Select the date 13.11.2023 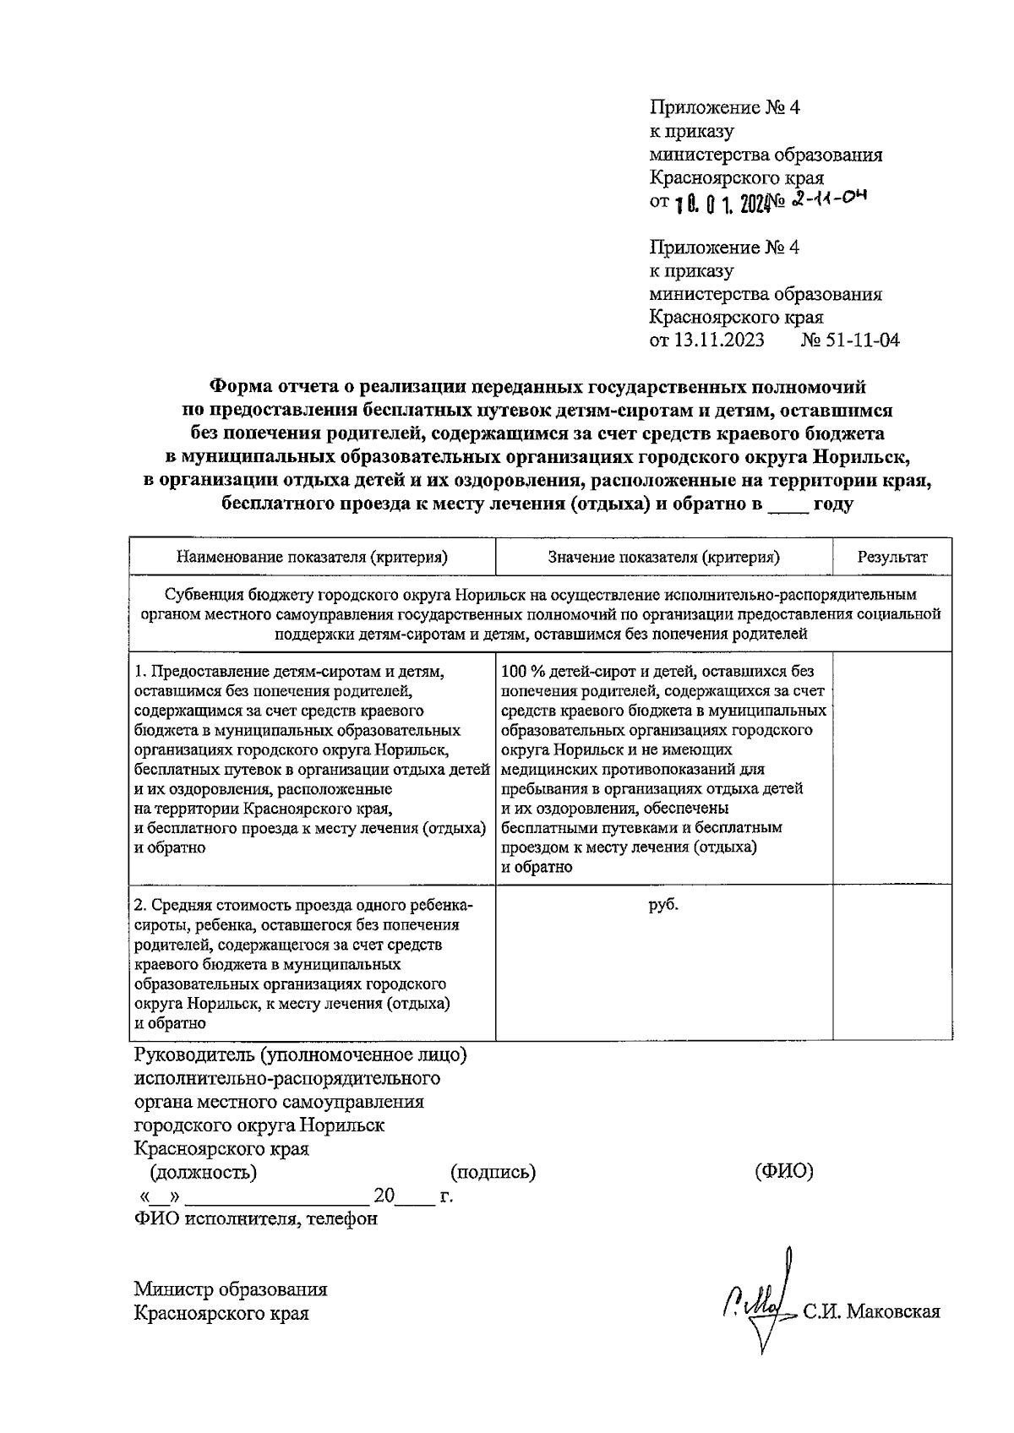tap(719, 341)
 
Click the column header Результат tap(891, 557)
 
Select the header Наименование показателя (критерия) tap(312, 557)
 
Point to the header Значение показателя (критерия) tap(663, 557)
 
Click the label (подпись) tap(493, 1172)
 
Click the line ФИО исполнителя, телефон tap(256, 1218)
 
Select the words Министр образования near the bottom tap(231, 1289)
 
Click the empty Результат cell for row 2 tap(891, 962)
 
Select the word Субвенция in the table tap(201, 595)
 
